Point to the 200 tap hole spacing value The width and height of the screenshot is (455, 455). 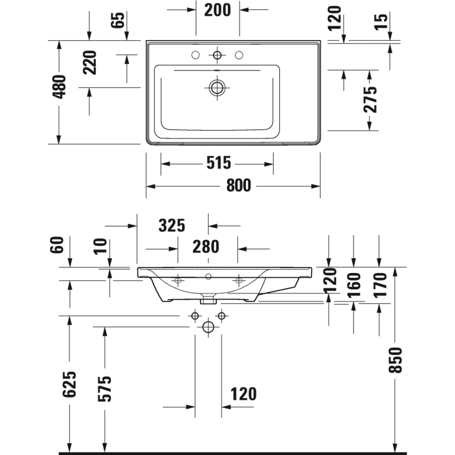click(x=217, y=10)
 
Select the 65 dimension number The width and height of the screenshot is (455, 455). click(x=119, y=20)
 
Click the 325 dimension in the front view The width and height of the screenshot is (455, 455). click(x=171, y=226)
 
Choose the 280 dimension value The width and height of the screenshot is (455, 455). click(x=206, y=247)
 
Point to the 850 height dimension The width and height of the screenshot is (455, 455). click(x=396, y=360)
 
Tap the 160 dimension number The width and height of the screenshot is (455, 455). click(x=354, y=285)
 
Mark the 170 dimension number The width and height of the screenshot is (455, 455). click(x=379, y=285)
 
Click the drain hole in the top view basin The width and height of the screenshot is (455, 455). click(x=217, y=88)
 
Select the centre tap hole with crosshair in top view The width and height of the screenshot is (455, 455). click(x=217, y=56)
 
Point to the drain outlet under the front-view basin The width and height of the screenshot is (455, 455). click(x=208, y=302)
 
